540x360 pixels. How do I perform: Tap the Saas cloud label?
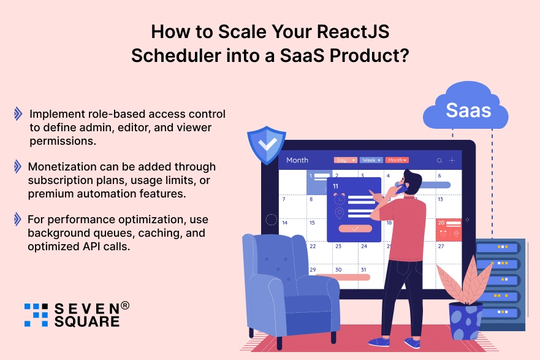click(468, 110)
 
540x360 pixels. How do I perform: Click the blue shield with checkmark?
click(267, 145)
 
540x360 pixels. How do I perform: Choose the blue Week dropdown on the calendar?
click(371, 160)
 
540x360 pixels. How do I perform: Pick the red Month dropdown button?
click(397, 160)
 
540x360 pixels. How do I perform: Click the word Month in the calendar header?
click(297, 161)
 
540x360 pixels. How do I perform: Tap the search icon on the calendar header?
click(439, 161)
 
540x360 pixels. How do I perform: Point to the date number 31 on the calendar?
click(363, 269)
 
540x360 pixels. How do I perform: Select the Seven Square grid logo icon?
click(36, 314)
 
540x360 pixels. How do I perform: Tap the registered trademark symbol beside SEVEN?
click(125, 305)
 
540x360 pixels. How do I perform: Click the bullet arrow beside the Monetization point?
click(18, 167)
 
